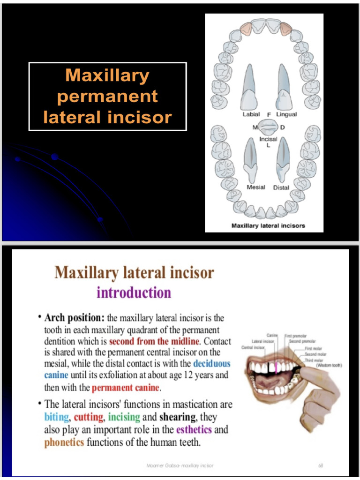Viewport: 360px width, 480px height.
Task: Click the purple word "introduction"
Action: pyautogui.click(x=134, y=293)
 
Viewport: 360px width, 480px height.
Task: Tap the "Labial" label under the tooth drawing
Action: pyautogui.click(x=251, y=114)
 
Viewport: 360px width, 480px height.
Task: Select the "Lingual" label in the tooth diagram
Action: pyautogui.click(x=286, y=114)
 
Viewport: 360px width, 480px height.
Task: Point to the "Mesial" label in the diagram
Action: pyautogui.click(x=256, y=187)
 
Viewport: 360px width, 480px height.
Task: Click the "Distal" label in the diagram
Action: pyautogui.click(x=281, y=187)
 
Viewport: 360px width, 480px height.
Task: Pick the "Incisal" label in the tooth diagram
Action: pyautogui.click(x=269, y=139)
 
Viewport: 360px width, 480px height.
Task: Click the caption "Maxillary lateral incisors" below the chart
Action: pyautogui.click(x=268, y=225)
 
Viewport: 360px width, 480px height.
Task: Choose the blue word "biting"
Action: pyautogui.click(x=56, y=417)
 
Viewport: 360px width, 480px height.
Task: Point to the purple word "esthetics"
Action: pyautogui.click(x=194, y=429)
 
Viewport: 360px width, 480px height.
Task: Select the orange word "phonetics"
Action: pyautogui.click(x=64, y=442)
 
